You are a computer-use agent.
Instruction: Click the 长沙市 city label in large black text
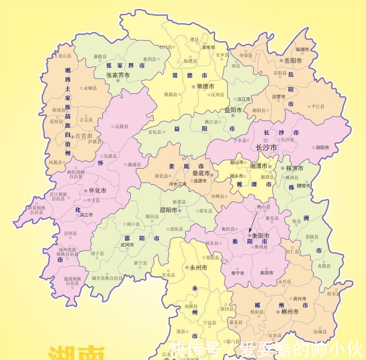pos(266,148)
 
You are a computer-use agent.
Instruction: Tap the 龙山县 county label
pos(65,56)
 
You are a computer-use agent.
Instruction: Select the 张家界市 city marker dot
pos(118,80)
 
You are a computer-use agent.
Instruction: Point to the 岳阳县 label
pos(280,73)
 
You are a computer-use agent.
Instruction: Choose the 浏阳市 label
pos(322,148)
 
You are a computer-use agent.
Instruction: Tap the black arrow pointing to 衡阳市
pos(253,220)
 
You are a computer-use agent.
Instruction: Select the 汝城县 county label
pos(320,332)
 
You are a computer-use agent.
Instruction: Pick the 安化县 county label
pos(154,132)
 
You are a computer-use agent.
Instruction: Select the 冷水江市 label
pos(178,184)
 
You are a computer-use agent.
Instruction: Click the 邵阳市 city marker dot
pos(180,211)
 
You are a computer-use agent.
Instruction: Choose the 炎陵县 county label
pos(324,266)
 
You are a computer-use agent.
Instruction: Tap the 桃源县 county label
pos(170,94)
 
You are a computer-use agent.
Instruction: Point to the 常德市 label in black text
pos(205,86)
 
